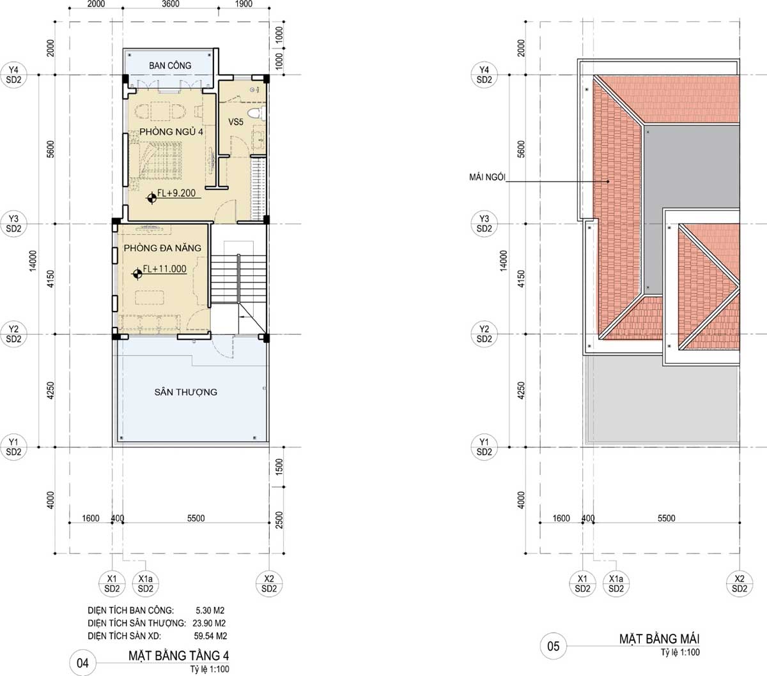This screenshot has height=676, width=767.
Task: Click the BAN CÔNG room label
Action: [170, 65]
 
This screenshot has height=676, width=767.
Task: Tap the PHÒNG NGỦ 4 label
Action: [171, 131]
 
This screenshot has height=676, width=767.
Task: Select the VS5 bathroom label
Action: [235, 122]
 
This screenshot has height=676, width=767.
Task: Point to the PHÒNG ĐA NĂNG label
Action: [162, 248]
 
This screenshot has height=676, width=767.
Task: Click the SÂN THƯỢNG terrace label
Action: [185, 392]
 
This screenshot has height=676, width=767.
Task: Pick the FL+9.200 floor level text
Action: [176, 193]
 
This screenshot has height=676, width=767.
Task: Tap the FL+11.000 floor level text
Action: [165, 269]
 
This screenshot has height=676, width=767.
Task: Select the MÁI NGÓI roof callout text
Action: [487, 177]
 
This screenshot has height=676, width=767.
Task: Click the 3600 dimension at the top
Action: [171, 4]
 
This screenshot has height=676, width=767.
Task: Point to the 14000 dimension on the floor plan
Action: [33, 260]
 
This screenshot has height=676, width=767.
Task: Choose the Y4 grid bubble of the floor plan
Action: [13, 75]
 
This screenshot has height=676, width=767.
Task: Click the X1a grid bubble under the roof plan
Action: [616, 583]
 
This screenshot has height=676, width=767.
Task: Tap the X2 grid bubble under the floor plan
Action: [269, 583]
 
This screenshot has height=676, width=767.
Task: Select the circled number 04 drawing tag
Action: [82, 663]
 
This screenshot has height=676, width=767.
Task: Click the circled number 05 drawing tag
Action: [553, 646]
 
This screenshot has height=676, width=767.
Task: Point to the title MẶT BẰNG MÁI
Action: [659, 639]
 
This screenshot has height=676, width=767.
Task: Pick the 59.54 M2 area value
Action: [210, 636]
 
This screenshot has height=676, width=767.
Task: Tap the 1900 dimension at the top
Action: [244, 4]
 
